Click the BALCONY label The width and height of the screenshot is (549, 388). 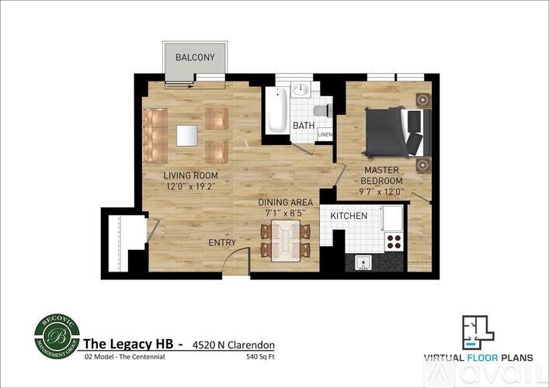[x=194, y=58]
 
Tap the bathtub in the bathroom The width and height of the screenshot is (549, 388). [x=277, y=110]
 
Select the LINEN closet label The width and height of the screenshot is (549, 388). [x=325, y=135]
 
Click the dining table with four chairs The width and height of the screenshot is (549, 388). [x=285, y=239]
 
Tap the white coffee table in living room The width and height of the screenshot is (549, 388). [x=187, y=135]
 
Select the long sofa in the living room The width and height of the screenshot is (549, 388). [x=155, y=133]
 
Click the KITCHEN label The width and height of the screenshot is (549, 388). [x=349, y=215]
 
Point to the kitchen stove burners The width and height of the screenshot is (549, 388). [x=394, y=241]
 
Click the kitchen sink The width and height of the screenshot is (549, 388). [x=363, y=262]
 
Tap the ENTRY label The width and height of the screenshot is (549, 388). [x=221, y=243]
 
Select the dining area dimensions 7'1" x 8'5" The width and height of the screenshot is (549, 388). [x=287, y=212]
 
